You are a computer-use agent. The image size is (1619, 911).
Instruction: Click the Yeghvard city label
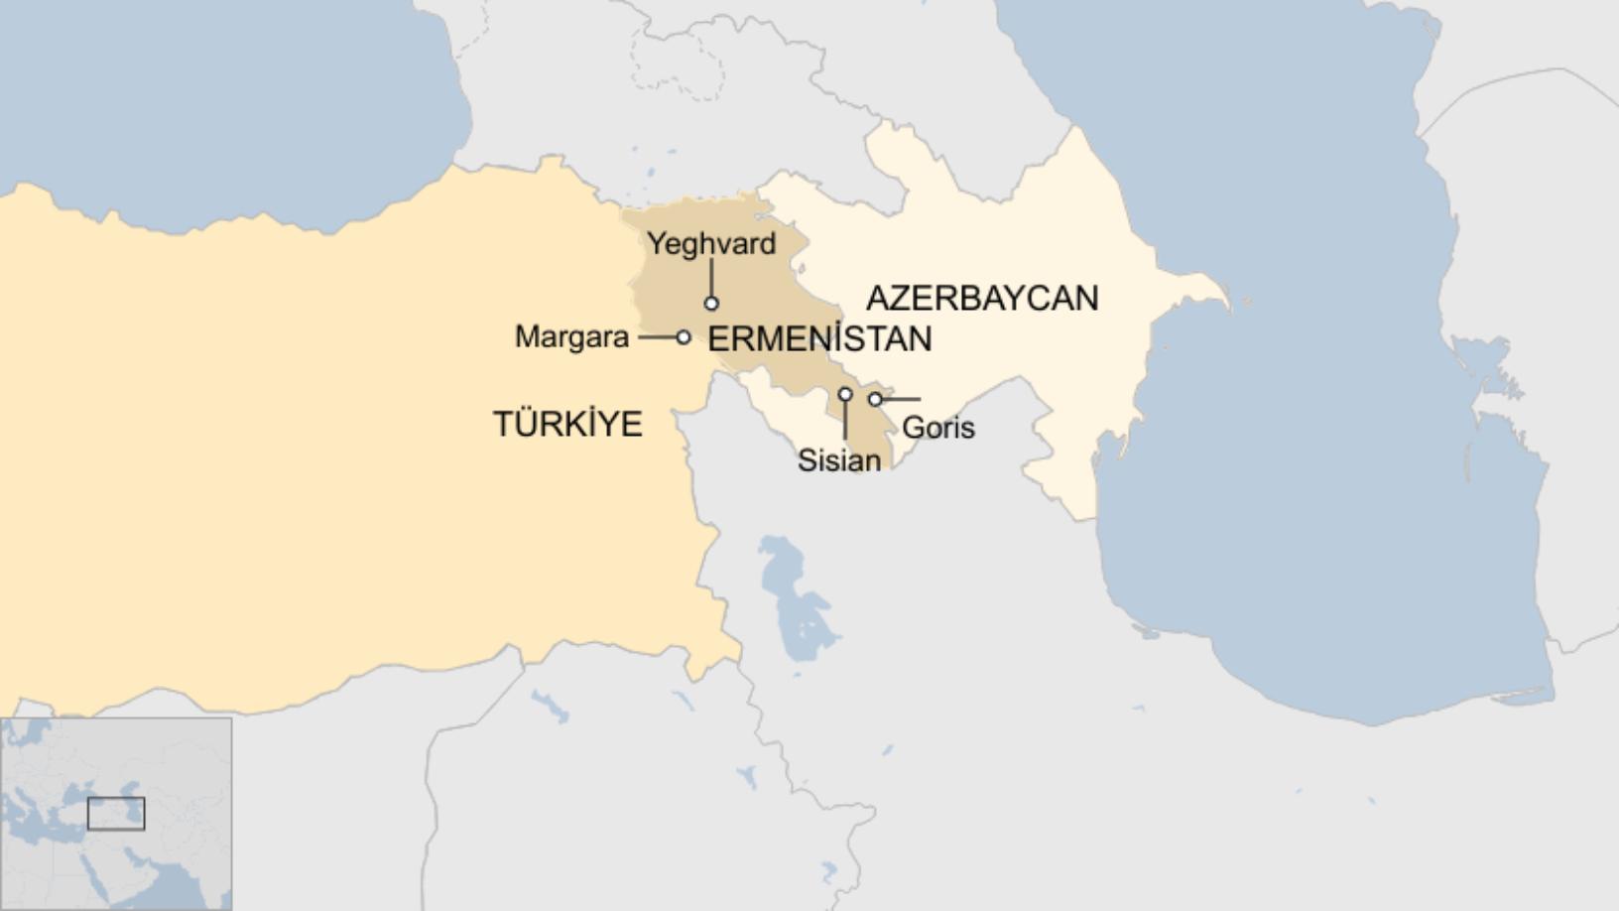point(711,243)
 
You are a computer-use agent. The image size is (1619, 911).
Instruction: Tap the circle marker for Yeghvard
point(711,304)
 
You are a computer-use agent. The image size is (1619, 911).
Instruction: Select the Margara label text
point(571,337)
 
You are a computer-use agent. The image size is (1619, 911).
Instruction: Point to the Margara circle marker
point(684,337)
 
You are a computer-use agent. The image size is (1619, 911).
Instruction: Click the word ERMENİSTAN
point(819,339)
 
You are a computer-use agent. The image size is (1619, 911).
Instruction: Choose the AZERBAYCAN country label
point(982,298)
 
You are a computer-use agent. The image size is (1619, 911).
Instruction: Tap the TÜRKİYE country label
point(567,424)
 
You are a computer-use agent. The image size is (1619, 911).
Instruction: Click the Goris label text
point(937,428)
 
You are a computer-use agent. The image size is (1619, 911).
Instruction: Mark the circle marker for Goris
point(875,399)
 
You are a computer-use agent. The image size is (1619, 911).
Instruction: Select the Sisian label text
point(839,460)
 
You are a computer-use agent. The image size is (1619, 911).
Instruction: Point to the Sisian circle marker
point(845,394)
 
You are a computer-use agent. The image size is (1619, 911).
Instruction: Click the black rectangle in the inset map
point(116,814)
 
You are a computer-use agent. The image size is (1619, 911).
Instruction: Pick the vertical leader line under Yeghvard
point(711,278)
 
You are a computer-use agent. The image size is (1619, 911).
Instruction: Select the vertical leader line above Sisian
point(845,422)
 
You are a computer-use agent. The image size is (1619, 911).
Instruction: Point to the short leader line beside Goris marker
point(901,399)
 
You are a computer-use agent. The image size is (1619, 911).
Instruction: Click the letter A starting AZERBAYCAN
point(876,298)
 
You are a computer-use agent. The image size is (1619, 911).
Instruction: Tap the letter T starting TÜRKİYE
point(502,425)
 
